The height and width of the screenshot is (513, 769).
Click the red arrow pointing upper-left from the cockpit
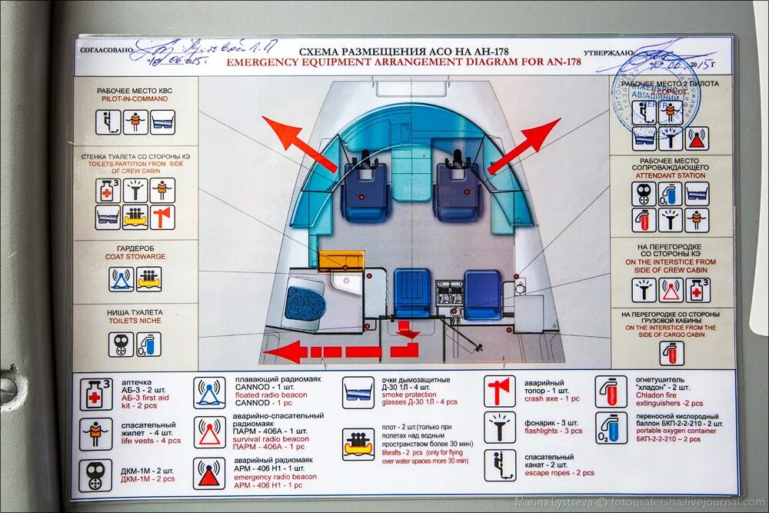point(298,143)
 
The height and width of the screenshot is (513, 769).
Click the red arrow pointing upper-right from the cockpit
point(524,145)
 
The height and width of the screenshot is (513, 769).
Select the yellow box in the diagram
point(341,261)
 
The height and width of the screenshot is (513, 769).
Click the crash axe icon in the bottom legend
point(500,391)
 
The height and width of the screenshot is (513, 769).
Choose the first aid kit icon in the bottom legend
point(96,394)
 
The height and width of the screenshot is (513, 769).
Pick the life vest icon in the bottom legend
point(96,432)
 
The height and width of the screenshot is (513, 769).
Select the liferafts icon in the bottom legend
point(358,444)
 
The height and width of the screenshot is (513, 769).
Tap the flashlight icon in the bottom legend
point(500,428)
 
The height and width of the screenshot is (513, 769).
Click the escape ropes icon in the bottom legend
point(500,465)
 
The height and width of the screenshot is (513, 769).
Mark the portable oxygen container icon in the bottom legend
point(611,428)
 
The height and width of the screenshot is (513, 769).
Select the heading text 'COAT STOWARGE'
point(135,256)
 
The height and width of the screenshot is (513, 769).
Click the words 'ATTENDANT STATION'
point(670,175)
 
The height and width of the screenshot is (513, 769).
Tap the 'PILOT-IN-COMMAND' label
point(135,99)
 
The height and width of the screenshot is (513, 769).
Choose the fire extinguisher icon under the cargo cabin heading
point(671,352)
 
